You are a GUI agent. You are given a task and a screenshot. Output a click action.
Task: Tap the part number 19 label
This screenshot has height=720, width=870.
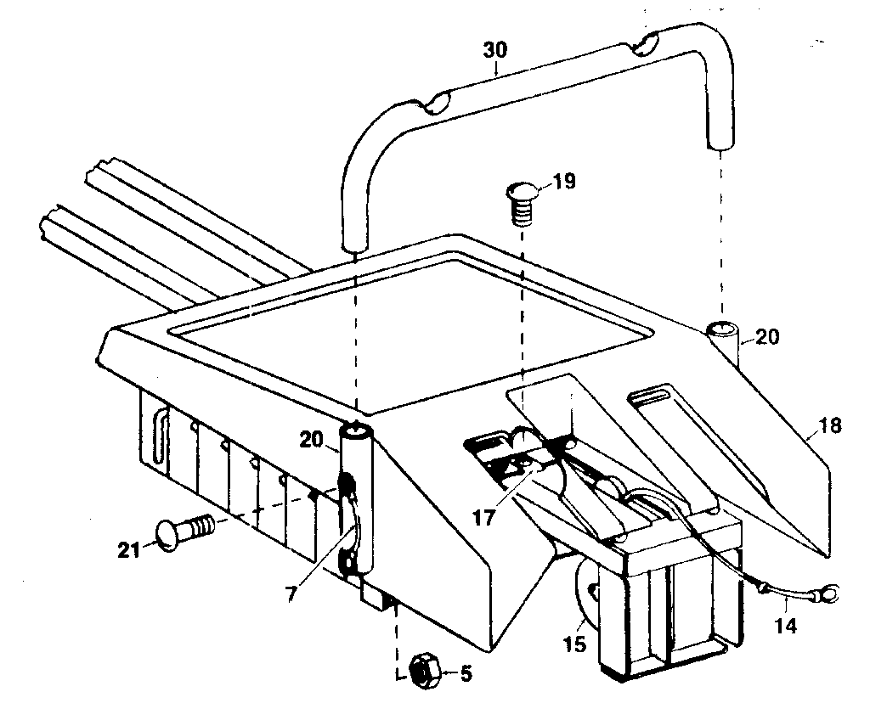563,181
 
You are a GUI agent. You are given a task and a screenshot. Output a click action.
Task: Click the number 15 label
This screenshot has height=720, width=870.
574,644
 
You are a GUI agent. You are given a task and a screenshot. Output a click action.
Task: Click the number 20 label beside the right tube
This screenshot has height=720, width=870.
765,336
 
